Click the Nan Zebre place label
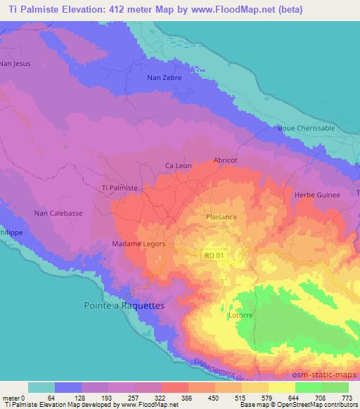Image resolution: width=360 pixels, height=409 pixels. [x=165, y=78]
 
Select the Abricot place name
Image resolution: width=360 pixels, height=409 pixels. [x=225, y=160]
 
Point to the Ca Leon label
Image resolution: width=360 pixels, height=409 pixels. [x=178, y=166]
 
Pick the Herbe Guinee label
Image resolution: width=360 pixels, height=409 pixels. [x=316, y=195]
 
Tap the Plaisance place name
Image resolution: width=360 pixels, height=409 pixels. [x=221, y=217]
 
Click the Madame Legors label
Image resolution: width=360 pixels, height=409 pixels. [x=139, y=243]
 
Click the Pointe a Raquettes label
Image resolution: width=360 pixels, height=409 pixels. [x=119, y=306]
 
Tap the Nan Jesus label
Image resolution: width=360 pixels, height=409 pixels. [x=15, y=64]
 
